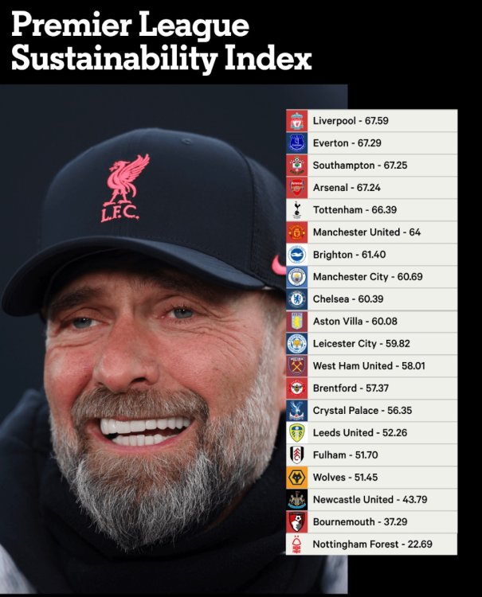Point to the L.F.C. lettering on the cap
click(x=120, y=213)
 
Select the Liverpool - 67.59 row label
click(x=350, y=121)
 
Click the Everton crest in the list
click(x=296, y=143)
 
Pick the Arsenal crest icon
click(x=296, y=188)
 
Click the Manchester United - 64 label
click(x=366, y=232)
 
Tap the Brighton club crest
click(x=296, y=255)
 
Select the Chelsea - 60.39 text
click(x=351, y=299)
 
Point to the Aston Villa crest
click(x=296, y=322)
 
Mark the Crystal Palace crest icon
click(x=296, y=411)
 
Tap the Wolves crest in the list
click(x=296, y=478)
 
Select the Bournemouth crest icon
click(x=296, y=522)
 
